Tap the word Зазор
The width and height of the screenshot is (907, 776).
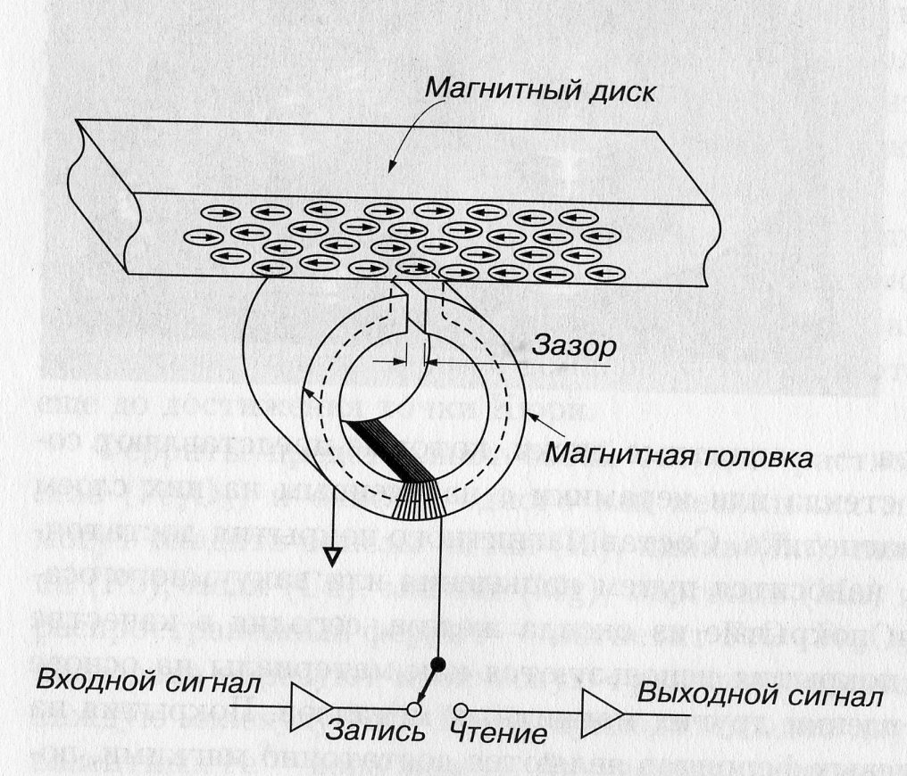pyautogui.click(x=571, y=345)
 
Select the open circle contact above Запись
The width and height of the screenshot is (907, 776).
pyautogui.click(x=413, y=709)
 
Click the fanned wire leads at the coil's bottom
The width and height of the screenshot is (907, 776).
pyautogui.click(x=420, y=504)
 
